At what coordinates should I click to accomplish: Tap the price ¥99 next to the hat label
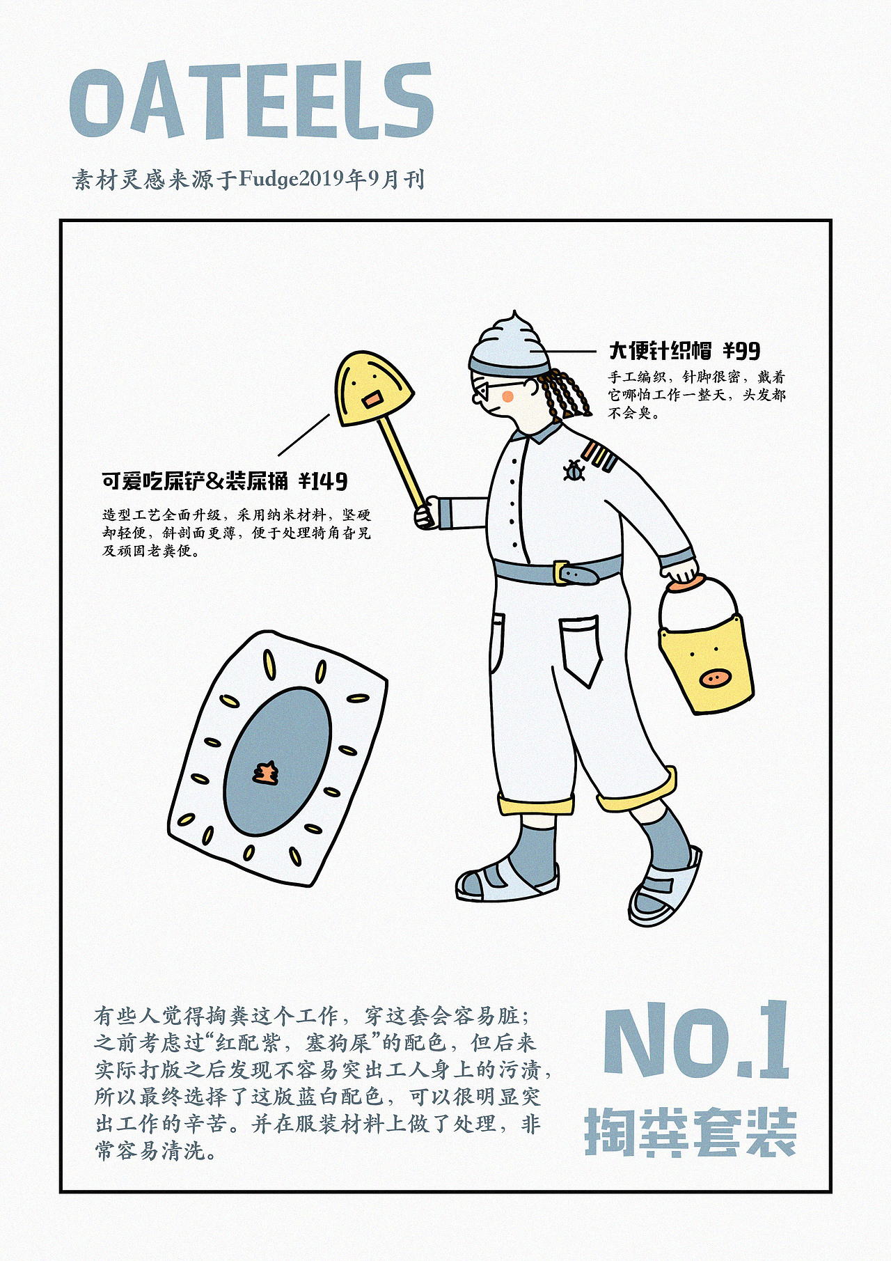tap(741, 350)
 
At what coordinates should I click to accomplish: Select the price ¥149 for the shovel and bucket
tap(323, 481)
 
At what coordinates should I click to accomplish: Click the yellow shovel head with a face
tap(373, 389)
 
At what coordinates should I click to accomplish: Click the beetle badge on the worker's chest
tap(574, 471)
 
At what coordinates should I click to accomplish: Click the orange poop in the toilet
tap(265, 773)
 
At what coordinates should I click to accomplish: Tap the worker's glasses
tap(496, 389)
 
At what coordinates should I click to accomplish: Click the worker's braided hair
tap(562, 394)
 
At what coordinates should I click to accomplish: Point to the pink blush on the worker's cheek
tap(508, 397)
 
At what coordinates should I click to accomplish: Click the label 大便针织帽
tap(660, 350)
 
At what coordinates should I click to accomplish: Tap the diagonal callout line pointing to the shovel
tap(304, 434)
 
